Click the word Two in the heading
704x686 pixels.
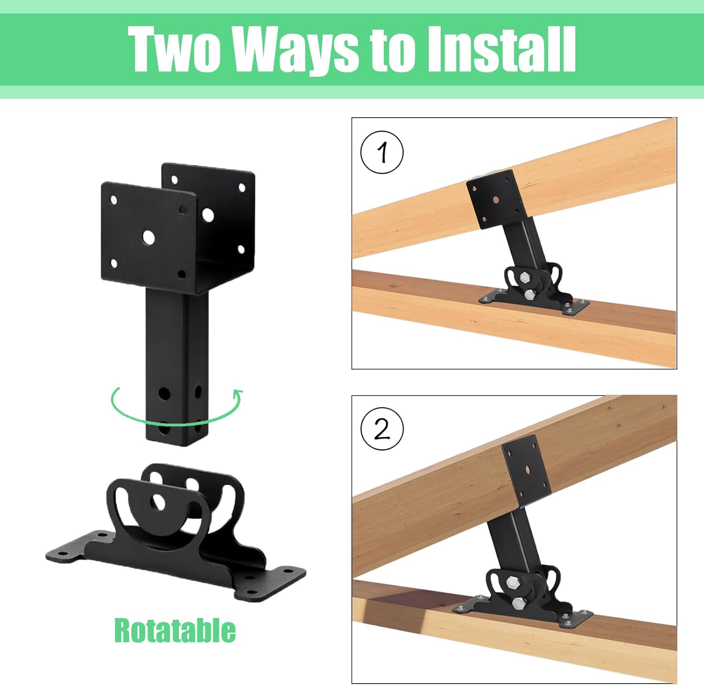pos(174,49)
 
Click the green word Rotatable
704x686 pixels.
pos(175,631)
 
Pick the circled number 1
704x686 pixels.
pos(382,152)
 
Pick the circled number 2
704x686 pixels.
pos(382,429)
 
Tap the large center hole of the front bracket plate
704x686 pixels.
pos(149,238)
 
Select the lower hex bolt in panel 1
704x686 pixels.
pos(529,294)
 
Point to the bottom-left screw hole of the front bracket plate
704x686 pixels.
pos(113,263)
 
